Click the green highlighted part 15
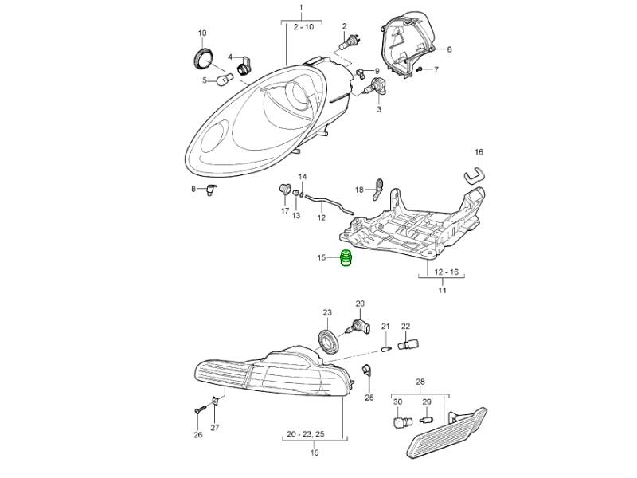pyautogui.click(x=346, y=260)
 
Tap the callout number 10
pyautogui.click(x=201, y=33)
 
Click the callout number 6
pyautogui.click(x=448, y=49)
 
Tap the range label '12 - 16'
pyautogui.click(x=442, y=272)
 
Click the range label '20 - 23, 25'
pyautogui.click(x=315, y=434)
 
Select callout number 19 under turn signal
pyautogui.click(x=315, y=453)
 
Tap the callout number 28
pyautogui.click(x=420, y=382)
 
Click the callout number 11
pyautogui.click(x=442, y=291)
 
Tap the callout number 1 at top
pyautogui.click(x=301, y=8)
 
